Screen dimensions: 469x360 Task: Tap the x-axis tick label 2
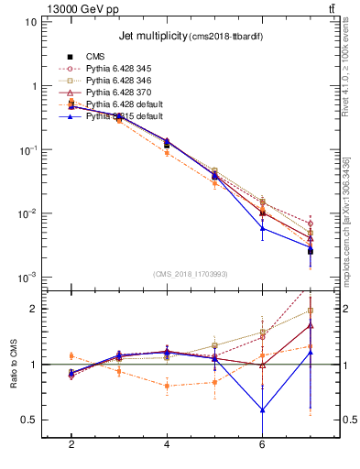click(71, 445)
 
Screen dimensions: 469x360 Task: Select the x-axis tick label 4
click(167, 445)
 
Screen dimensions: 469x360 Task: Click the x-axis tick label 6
click(262, 445)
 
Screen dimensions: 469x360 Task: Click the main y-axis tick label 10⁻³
click(27, 278)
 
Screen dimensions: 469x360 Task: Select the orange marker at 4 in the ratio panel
click(167, 386)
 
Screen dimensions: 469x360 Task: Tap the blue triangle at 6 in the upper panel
click(262, 228)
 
